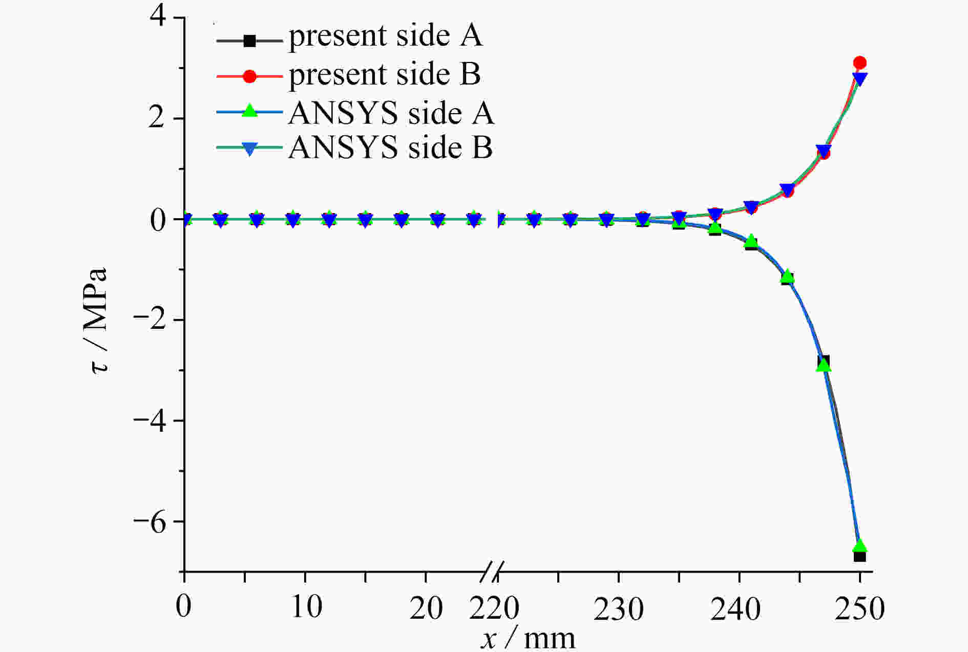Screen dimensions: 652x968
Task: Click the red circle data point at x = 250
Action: coord(860,63)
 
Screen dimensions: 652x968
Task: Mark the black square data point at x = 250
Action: coord(860,556)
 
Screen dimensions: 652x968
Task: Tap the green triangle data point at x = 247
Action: coord(824,365)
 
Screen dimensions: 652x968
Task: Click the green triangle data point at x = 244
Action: coord(788,277)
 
